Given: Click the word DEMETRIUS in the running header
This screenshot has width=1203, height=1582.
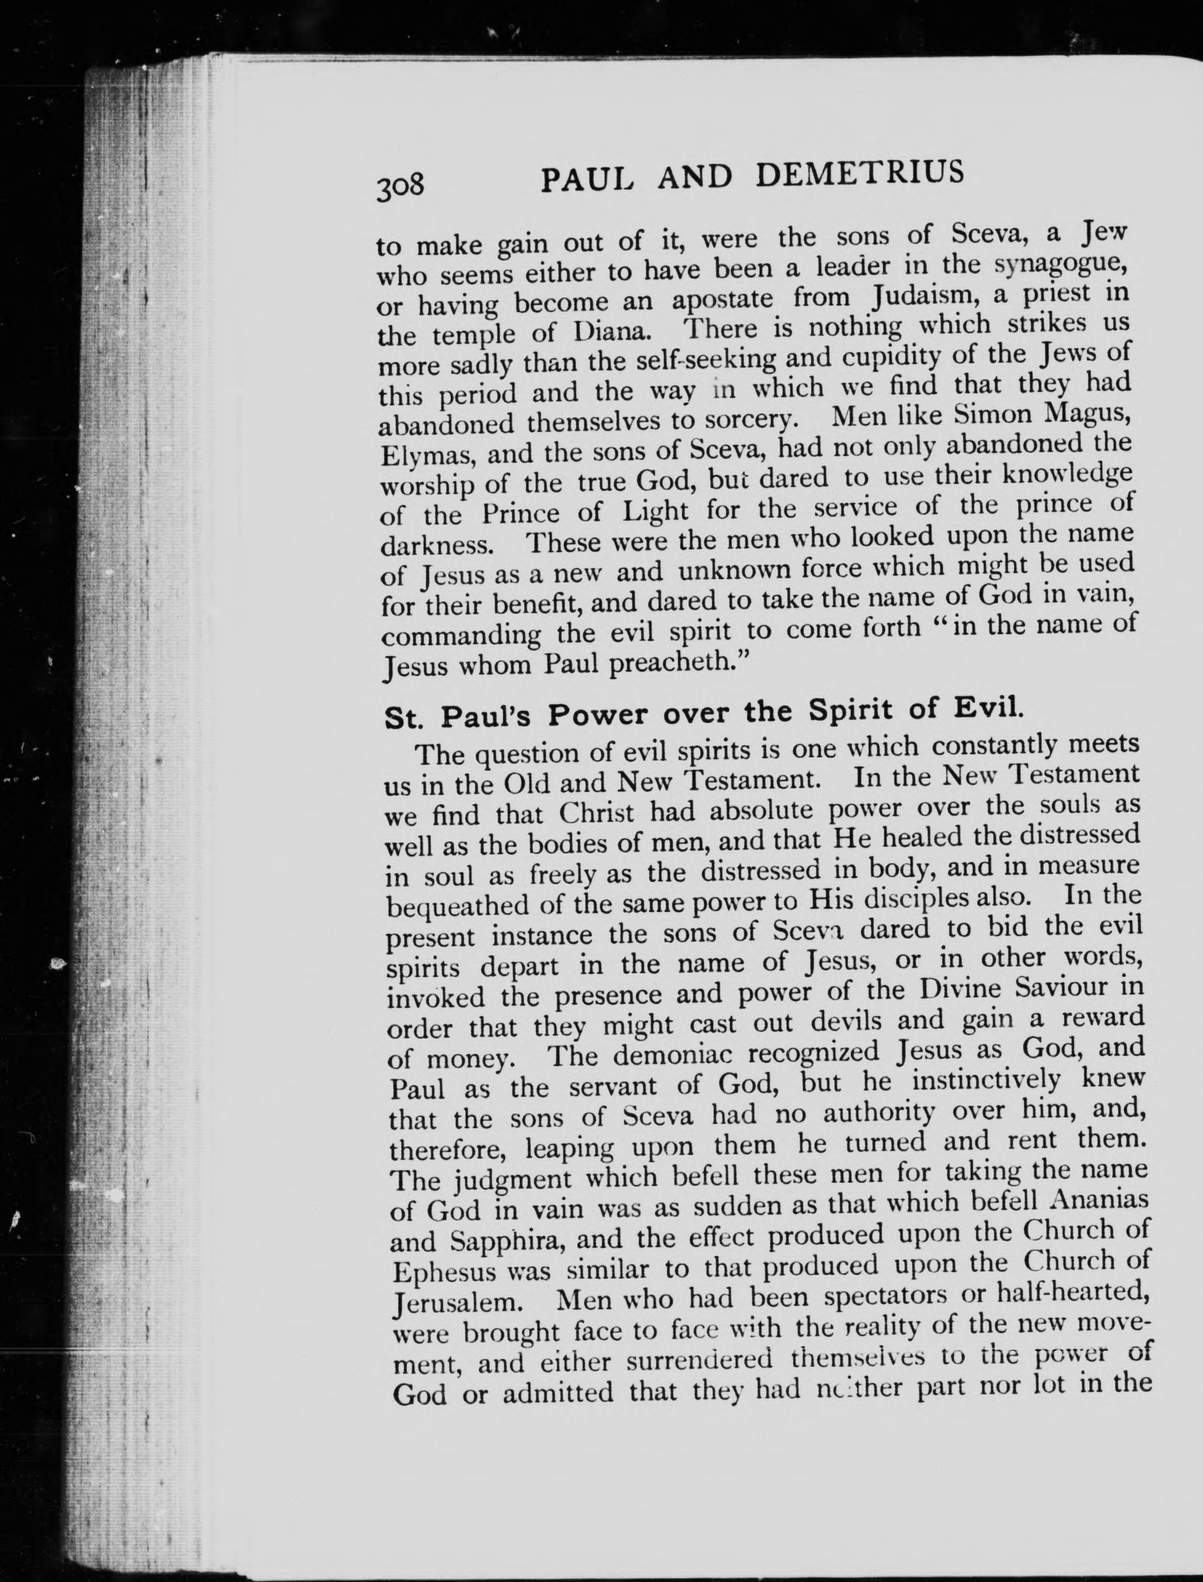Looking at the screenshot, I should pos(860,174).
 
